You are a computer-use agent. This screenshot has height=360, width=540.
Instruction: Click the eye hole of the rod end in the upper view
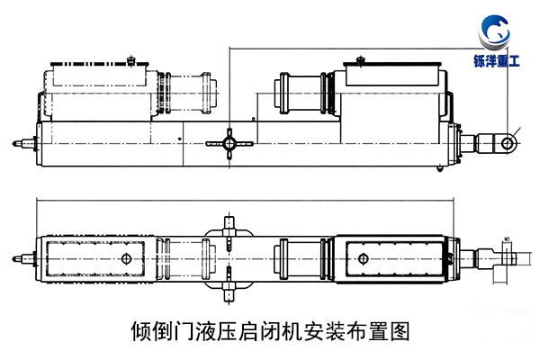click(508, 142)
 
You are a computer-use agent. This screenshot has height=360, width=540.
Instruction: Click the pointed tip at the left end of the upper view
click(18, 142)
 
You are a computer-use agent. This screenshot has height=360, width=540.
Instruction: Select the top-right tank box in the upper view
click(390, 75)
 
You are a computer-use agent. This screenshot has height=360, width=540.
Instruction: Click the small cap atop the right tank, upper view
click(360, 59)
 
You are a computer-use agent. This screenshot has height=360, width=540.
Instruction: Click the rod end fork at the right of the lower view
click(504, 258)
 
